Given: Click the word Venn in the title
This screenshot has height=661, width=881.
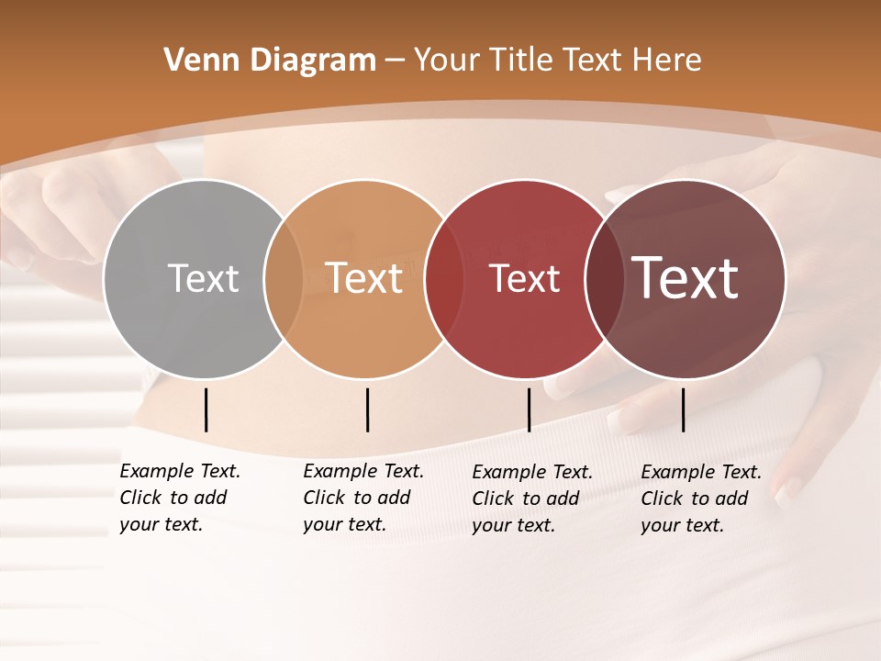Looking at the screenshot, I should [194, 61].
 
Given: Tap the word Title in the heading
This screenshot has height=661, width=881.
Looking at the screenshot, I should [519, 61].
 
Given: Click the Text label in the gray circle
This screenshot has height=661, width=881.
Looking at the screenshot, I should [203, 278].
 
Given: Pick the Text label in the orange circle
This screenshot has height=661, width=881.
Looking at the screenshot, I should [364, 278].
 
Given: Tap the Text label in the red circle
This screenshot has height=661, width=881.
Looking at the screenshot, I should [525, 278].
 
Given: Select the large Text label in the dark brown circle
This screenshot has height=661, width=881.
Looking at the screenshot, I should [686, 278].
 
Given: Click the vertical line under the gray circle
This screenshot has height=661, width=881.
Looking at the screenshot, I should [206, 409].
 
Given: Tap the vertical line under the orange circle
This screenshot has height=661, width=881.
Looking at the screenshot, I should [367, 409].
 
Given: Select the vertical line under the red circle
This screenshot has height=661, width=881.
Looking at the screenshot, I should [529, 409].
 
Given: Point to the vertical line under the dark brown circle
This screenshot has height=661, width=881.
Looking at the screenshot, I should [683, 409].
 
